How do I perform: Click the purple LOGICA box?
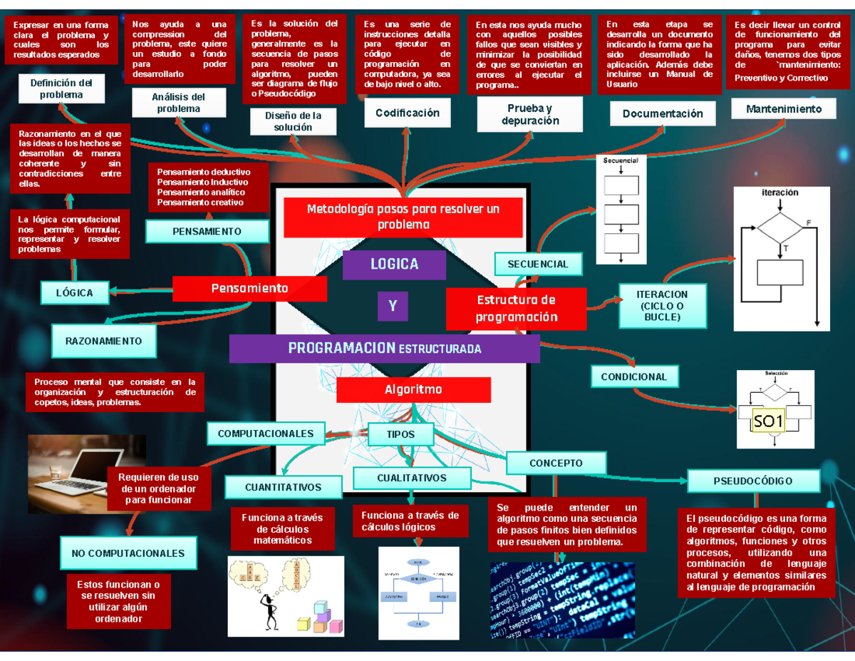(394, 265)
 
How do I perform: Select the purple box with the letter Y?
(392, 307)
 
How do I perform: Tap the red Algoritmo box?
(413, 390)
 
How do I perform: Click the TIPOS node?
(400, 434)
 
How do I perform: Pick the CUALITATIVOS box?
(412, 478)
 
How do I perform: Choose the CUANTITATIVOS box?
(283, 488)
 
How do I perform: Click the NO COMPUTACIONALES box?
(128, 553)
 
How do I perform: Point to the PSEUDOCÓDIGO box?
(752, 481)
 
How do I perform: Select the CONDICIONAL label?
(634, 376)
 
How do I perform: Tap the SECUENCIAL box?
(538, 264)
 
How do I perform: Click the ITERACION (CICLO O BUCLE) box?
(663, 305)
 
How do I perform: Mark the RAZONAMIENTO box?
(103, 341)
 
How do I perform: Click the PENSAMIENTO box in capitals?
(207, 231)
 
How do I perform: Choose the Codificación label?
(408, 113)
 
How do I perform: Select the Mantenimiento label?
(783, 109)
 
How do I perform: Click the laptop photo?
(86, 465)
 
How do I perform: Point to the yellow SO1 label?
(768, 422)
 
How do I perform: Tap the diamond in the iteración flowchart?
(779, 228)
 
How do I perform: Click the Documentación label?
(663, 113)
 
